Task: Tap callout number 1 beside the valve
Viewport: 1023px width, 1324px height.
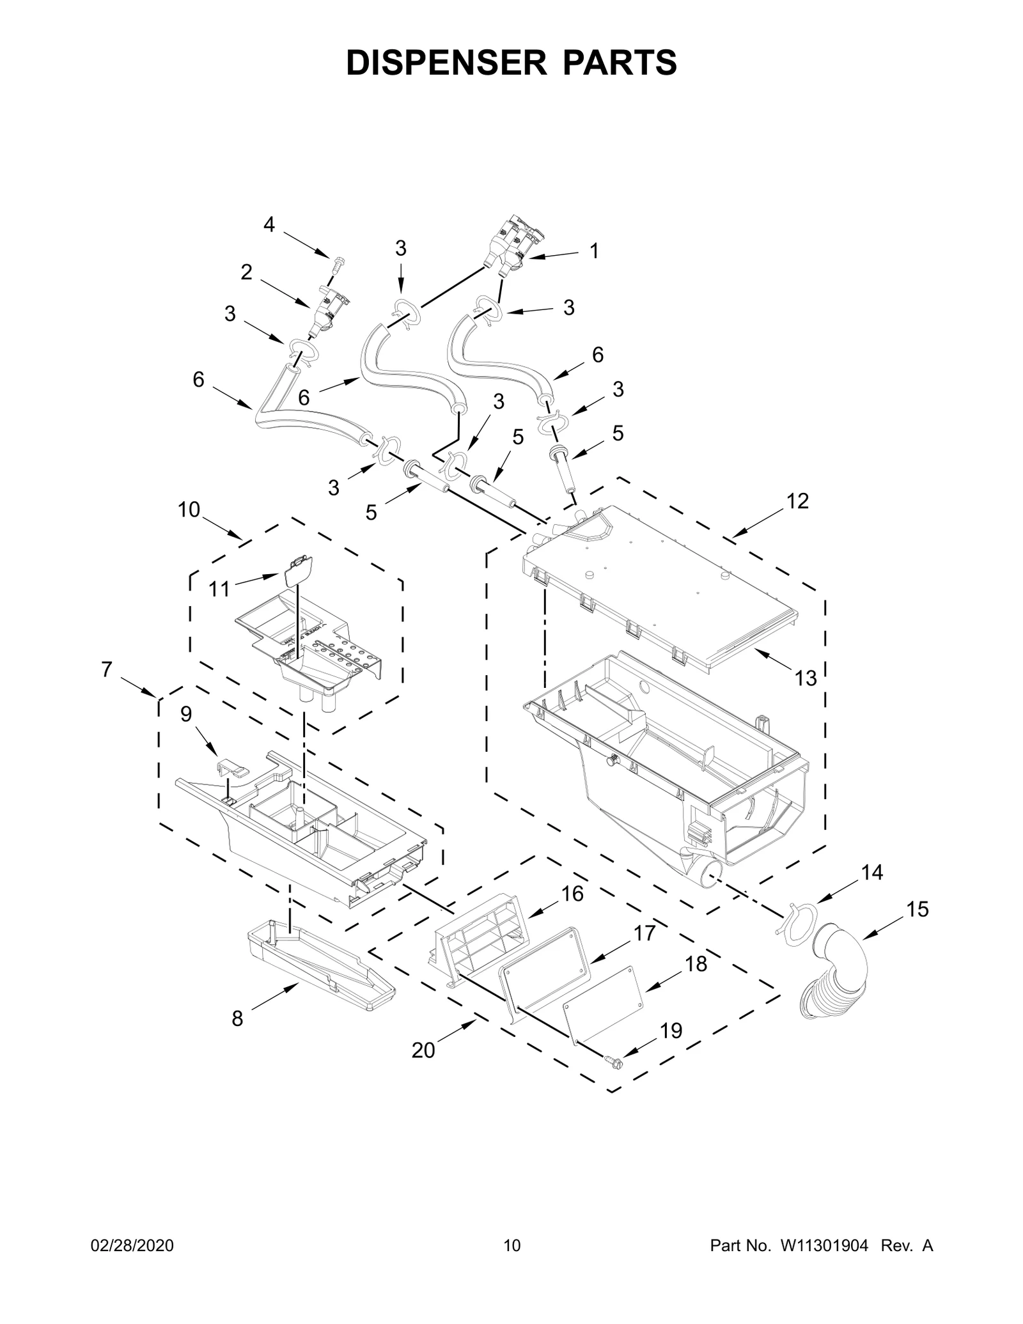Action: [594, 251]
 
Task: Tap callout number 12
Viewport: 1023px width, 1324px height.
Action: [797, 501]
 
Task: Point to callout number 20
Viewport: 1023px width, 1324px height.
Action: [423, 1050]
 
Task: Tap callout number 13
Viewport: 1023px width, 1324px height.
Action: [806, 678]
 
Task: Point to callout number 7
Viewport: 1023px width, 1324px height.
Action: [106, 669]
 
